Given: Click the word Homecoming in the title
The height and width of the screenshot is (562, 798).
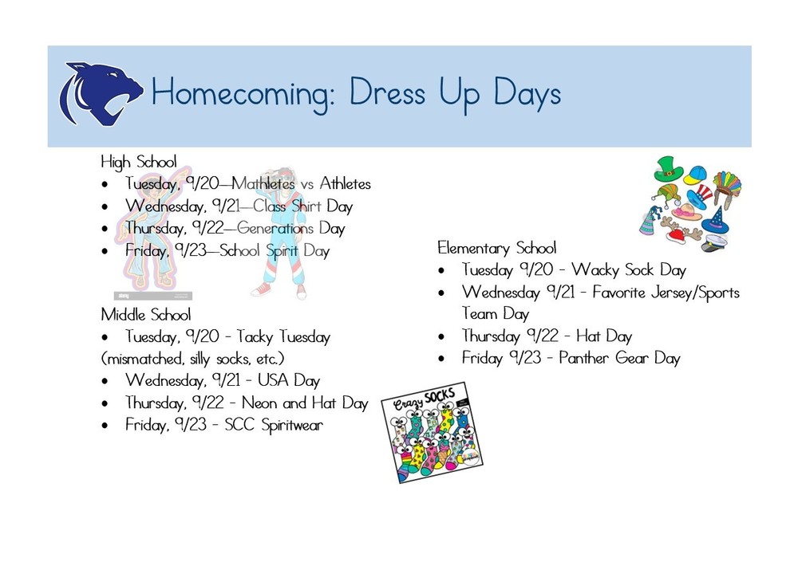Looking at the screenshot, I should point(237,95).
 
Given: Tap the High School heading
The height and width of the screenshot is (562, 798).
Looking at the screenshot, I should point(138,161).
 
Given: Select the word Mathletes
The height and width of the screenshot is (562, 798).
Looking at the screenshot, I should point(263,184).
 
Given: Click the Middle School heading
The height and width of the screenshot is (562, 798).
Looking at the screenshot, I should point(145,314).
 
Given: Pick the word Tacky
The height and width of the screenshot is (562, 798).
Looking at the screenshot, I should point(254,337).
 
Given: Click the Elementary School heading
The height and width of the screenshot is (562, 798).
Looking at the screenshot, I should point(496,248).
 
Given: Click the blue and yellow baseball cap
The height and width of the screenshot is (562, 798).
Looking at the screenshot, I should point(696,175).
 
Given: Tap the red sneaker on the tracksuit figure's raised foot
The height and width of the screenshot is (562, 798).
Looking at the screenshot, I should point(261,289).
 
